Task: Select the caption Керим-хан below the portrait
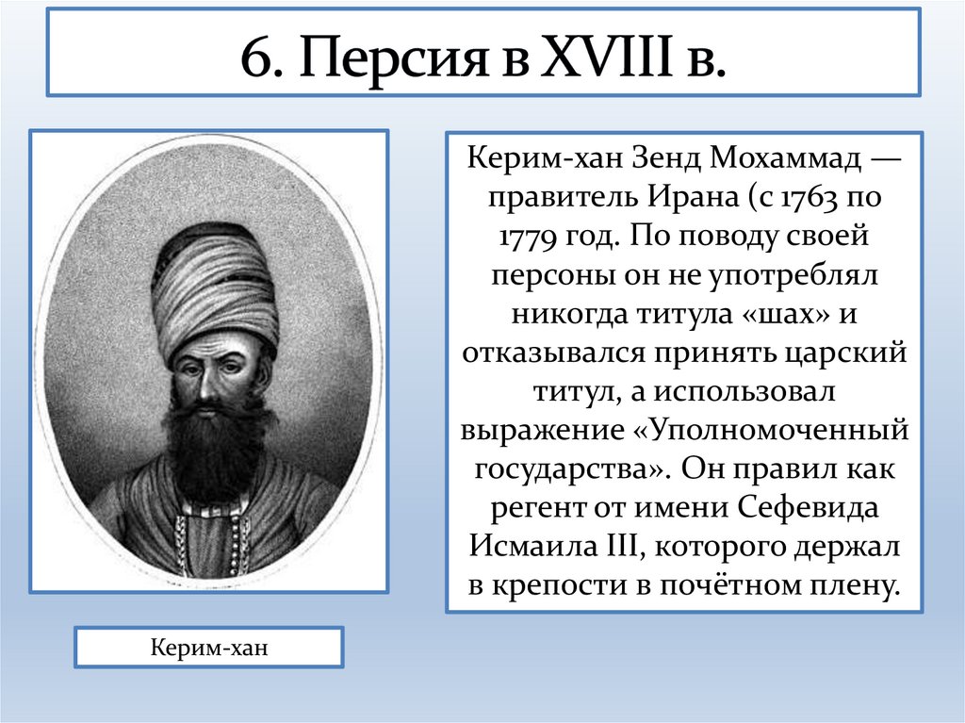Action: (x=209, y=649)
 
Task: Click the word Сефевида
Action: (x=808, y=506)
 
